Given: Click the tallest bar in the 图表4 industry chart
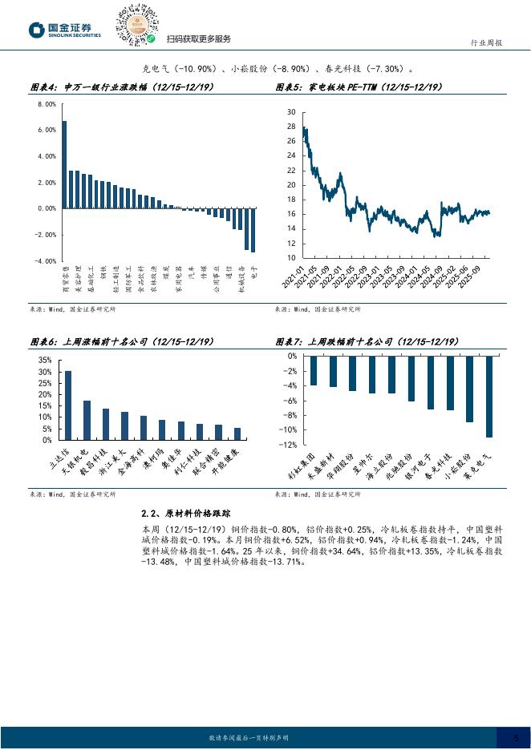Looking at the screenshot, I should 64,165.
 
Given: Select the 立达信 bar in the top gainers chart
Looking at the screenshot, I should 68,405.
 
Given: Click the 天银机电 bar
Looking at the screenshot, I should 87,420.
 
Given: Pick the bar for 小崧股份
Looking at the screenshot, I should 469,389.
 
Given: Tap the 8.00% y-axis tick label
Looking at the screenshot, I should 47,104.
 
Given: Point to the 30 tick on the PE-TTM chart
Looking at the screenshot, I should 290,112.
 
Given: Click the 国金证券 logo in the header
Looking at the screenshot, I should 65,30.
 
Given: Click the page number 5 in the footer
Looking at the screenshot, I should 516,737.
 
